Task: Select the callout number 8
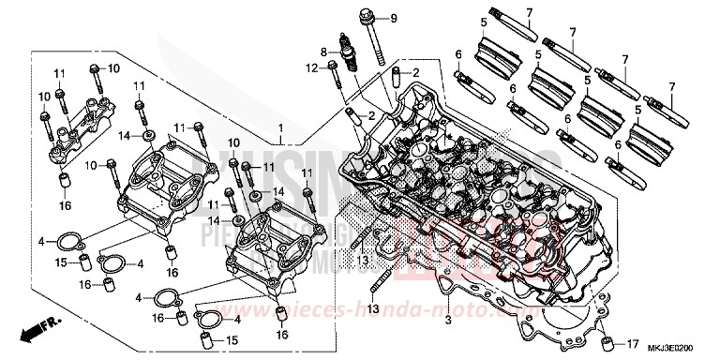point(323,51)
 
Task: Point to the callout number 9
point(394,18)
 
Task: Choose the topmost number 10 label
point(114,68)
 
